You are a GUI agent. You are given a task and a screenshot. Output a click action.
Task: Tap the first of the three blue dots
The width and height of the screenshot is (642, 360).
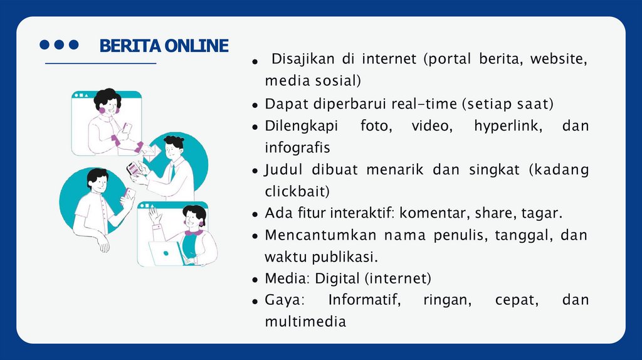45,45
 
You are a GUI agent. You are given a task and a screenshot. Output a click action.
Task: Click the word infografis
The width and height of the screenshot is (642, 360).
297,147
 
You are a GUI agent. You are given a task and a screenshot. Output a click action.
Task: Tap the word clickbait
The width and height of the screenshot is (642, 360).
297,191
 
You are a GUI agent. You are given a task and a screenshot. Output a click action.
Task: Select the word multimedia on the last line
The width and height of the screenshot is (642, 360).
305,322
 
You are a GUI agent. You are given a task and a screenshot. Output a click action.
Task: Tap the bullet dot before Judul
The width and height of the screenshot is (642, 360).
255,171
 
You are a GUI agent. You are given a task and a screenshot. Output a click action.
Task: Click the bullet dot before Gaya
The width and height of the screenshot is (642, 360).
255,301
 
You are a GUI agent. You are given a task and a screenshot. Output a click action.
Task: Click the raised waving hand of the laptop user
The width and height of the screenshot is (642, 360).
154,216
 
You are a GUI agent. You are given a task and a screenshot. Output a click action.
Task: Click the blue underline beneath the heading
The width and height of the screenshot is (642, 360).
100,64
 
